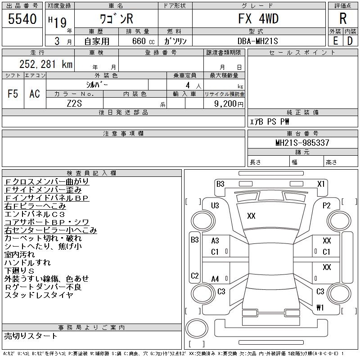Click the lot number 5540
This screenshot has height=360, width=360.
tap(22, 19)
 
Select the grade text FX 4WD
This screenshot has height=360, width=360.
tap(258, 19)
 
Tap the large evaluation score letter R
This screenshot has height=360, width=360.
tap(343, 19)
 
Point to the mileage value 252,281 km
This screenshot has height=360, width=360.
tap(45, 64)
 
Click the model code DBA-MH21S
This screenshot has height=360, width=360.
tap(258, 41)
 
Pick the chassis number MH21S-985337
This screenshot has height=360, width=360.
tap(302, 143)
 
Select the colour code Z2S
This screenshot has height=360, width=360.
tap(74, 103)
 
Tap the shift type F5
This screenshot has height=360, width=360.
tap(13, 94)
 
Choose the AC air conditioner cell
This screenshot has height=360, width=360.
tap(35, 94)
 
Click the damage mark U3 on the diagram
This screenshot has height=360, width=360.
tap(215, 206)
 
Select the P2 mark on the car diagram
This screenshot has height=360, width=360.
tap(327, 206)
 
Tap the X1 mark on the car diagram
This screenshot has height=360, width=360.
tap(321, 184)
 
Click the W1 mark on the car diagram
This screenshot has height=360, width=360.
tap(320, 308)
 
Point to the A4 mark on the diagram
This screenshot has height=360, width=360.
tap(215, 279)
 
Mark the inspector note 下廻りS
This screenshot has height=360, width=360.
tap(19, 271)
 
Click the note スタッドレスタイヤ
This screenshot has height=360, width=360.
tap(39, 295)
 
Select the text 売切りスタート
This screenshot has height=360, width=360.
tap(31, 336)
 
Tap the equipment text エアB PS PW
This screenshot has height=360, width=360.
tap(270, 121)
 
